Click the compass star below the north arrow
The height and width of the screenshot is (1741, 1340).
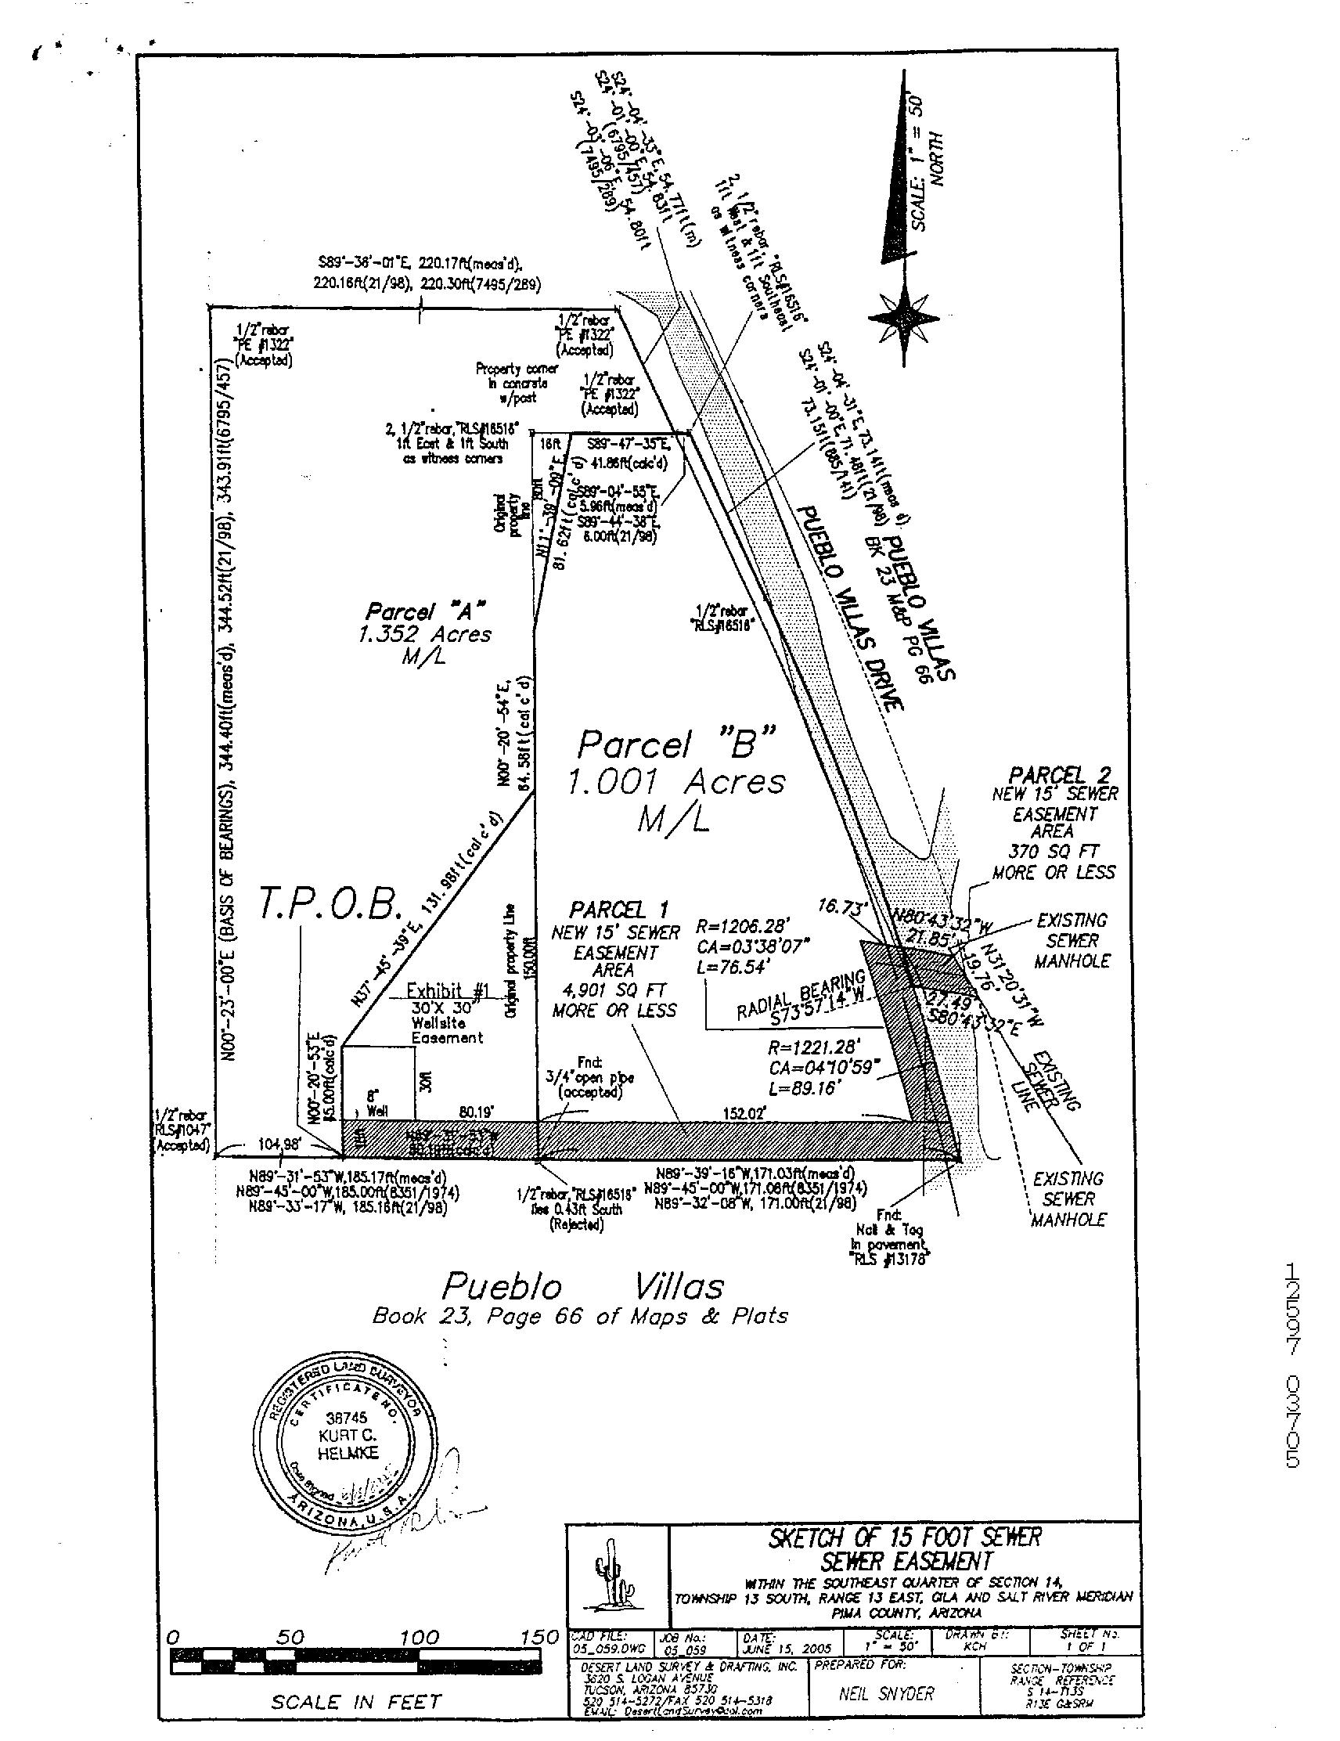pos(904,317)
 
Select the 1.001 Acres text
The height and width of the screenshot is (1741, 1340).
pos(676,782)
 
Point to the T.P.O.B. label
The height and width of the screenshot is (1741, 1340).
pos(328,905)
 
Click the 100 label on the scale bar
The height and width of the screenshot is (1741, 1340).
pos(420,1636)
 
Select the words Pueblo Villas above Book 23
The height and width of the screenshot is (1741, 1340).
pos(582,1286)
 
